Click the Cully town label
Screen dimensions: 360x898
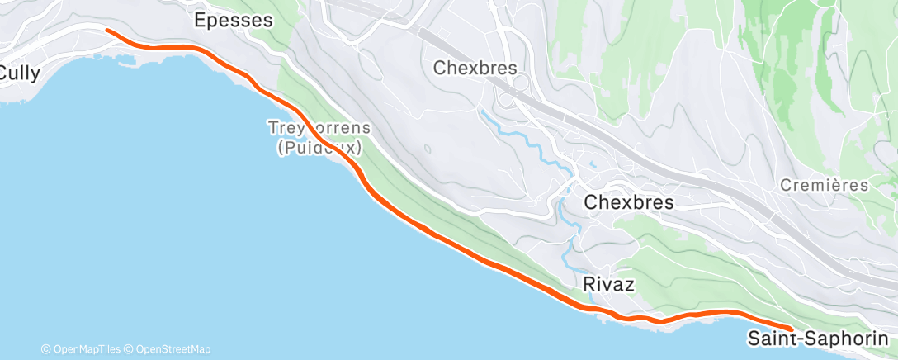[x=18, y=72]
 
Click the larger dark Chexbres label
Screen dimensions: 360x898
[x=629, y=201]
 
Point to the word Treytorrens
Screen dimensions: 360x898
[x=319, y=130]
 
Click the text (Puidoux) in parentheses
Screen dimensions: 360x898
[x=320, y=148]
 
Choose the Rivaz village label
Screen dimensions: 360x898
[x=608, y=284]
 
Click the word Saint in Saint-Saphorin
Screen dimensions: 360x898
[x=773, y=338]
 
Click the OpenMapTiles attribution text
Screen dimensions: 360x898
[x=85, y=348]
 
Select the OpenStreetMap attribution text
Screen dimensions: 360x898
[x=172, y=348]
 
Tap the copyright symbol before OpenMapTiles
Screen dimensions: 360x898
[x=45, y=348]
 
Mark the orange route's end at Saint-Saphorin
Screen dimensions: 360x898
[x=791, y=329]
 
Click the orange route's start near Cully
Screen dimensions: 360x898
[x=107, y=31]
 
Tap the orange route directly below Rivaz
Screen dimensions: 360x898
[x=608, y=312]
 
